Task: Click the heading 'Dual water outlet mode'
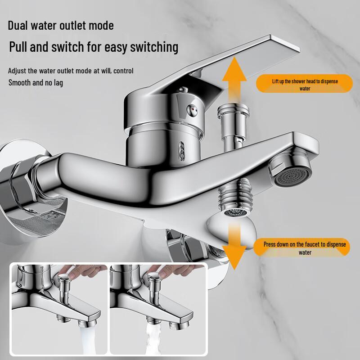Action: coord(61,25)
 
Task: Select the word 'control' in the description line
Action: coord(124,71)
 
